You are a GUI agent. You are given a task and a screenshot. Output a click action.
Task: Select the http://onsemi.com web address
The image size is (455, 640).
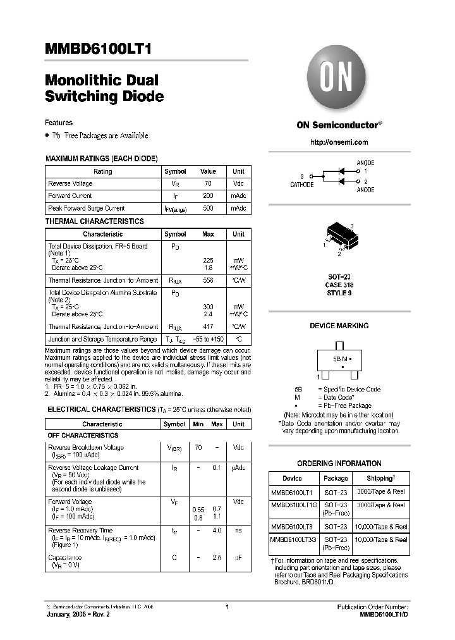(339, 142)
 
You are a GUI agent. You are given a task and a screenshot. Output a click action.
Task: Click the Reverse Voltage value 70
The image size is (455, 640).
(208, 183)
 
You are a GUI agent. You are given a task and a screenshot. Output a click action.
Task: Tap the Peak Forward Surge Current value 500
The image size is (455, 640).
(208, 208)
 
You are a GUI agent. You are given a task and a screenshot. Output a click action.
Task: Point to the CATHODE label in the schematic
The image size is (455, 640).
(301, 185)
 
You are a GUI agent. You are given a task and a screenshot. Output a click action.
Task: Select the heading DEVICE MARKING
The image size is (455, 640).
(339, 326)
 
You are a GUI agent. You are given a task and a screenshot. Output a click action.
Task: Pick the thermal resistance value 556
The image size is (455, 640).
(208, 280)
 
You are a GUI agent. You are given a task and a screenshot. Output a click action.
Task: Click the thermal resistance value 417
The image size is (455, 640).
(208, 327)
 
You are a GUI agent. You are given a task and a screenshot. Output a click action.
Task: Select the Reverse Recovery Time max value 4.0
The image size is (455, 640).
(217, 531)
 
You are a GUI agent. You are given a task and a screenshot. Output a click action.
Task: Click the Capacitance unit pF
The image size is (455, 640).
(238, 558)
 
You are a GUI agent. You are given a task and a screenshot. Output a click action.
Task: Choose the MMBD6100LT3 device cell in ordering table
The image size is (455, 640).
(292, 526)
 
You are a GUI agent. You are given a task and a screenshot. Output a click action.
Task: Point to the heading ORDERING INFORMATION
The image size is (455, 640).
(339, 463)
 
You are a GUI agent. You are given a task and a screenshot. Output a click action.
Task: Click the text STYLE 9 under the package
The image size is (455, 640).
(339, 293)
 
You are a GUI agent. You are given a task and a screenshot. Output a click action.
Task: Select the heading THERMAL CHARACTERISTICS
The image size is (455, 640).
(94, 221)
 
